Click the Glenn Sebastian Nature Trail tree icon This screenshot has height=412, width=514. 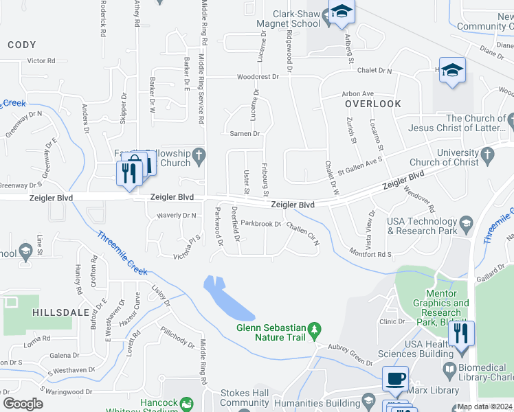315,330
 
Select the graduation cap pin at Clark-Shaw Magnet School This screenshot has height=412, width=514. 341,12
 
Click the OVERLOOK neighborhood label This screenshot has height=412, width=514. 373,104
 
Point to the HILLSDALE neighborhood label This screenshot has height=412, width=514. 61,312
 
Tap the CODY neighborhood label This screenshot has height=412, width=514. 21,45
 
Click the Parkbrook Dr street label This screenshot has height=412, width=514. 261,224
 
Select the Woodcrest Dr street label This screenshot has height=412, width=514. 258,77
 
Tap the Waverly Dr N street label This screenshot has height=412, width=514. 175,216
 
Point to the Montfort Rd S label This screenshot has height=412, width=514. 370,253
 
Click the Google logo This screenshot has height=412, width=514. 23,403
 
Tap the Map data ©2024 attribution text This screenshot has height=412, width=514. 484,407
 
